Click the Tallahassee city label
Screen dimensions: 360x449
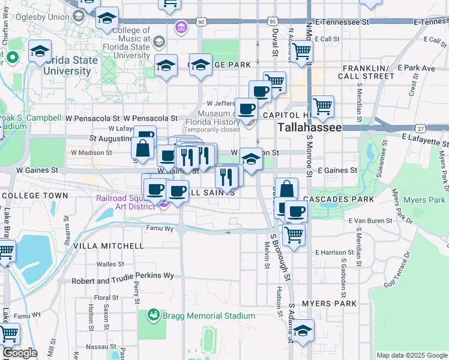pyautogui.click(x=309, y=128)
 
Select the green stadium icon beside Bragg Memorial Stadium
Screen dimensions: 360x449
pyautogui.click(x=154, y=314)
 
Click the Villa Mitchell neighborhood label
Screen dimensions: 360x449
pyautogui.click(x=109, y=246)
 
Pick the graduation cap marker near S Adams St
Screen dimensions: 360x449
pyautogui.click(x=303, y=331)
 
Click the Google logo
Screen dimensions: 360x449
pyautogui.click(x=19, y=353)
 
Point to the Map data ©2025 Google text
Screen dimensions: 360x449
pyautogui.click(x=411, y=355)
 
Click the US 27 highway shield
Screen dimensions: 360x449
pyautogui.click(x=421, y=128)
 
